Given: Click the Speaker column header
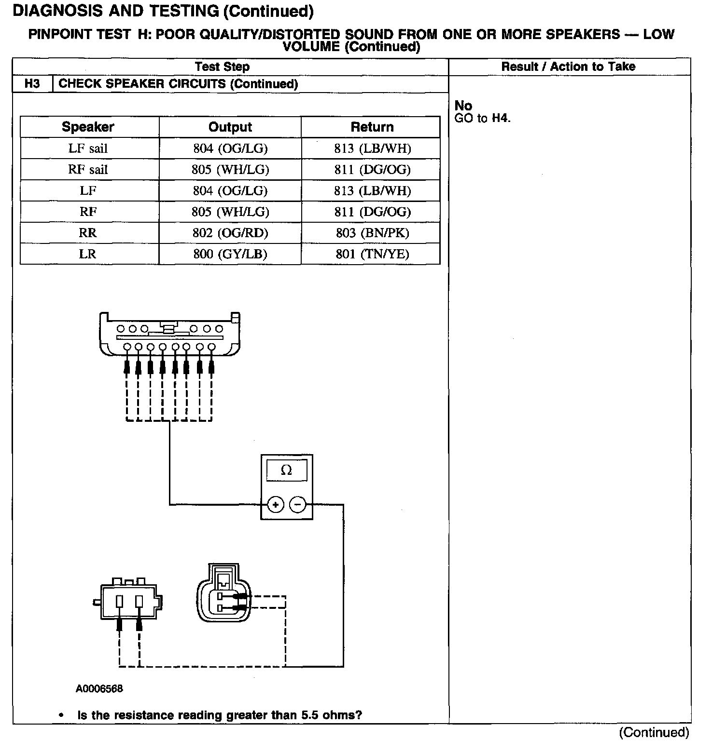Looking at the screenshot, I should [88, 127].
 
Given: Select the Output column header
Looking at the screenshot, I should [230, 127].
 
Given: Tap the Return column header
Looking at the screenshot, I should [372, 127].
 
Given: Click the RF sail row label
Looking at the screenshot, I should [88, 169].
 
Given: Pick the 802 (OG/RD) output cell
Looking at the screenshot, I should [230, 233].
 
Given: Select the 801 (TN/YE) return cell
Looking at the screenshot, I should [372, 254].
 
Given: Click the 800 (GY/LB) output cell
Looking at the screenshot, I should [230, 254].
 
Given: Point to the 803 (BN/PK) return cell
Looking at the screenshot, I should [372, 233].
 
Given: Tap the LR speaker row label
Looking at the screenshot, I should [88, 254].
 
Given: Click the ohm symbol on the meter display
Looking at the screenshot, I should [286, 470].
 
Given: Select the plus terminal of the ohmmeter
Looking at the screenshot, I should [275, 505].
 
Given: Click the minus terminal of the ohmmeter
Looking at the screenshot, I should [298, 505].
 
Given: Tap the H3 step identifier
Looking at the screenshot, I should [32, 84].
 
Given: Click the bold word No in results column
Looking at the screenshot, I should [463, 106].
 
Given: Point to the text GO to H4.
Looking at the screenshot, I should [482, 118].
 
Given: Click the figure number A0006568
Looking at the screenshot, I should [99, 688].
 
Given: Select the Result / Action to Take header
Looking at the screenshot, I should [568, 67].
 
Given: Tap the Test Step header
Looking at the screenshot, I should [222, 67].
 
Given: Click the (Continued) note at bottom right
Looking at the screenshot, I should [654, 732].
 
